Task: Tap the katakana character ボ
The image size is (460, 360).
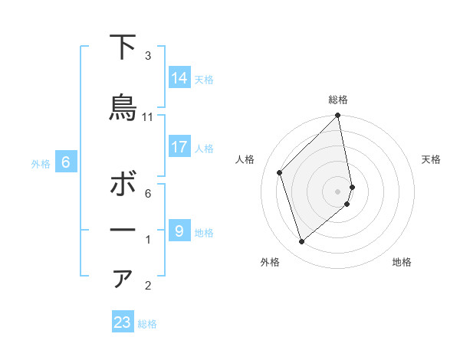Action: [x=123, y=185]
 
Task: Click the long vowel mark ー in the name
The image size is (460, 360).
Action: [x=123, y=231]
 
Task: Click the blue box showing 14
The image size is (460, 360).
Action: [x=179, y=77]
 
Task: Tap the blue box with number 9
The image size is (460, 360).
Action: [x=179, y=230]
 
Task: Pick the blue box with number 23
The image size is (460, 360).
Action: [x=123, y=322]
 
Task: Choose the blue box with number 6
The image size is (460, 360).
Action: [x=66, y=162]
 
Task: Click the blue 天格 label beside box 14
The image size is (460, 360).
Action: [x=204, y=79]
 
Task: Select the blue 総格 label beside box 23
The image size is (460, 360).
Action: [x=147, y=324]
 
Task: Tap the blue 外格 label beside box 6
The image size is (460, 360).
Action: [x=41, y=164]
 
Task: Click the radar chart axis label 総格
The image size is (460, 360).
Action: [x=338, y=100]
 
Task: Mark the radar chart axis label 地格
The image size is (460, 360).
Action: [x=402, y=262]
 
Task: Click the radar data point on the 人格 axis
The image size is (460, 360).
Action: [x=280, y=172]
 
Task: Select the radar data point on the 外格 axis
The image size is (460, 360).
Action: [x=302, y=242]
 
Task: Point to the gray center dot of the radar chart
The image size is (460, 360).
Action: [x=338, y=191]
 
